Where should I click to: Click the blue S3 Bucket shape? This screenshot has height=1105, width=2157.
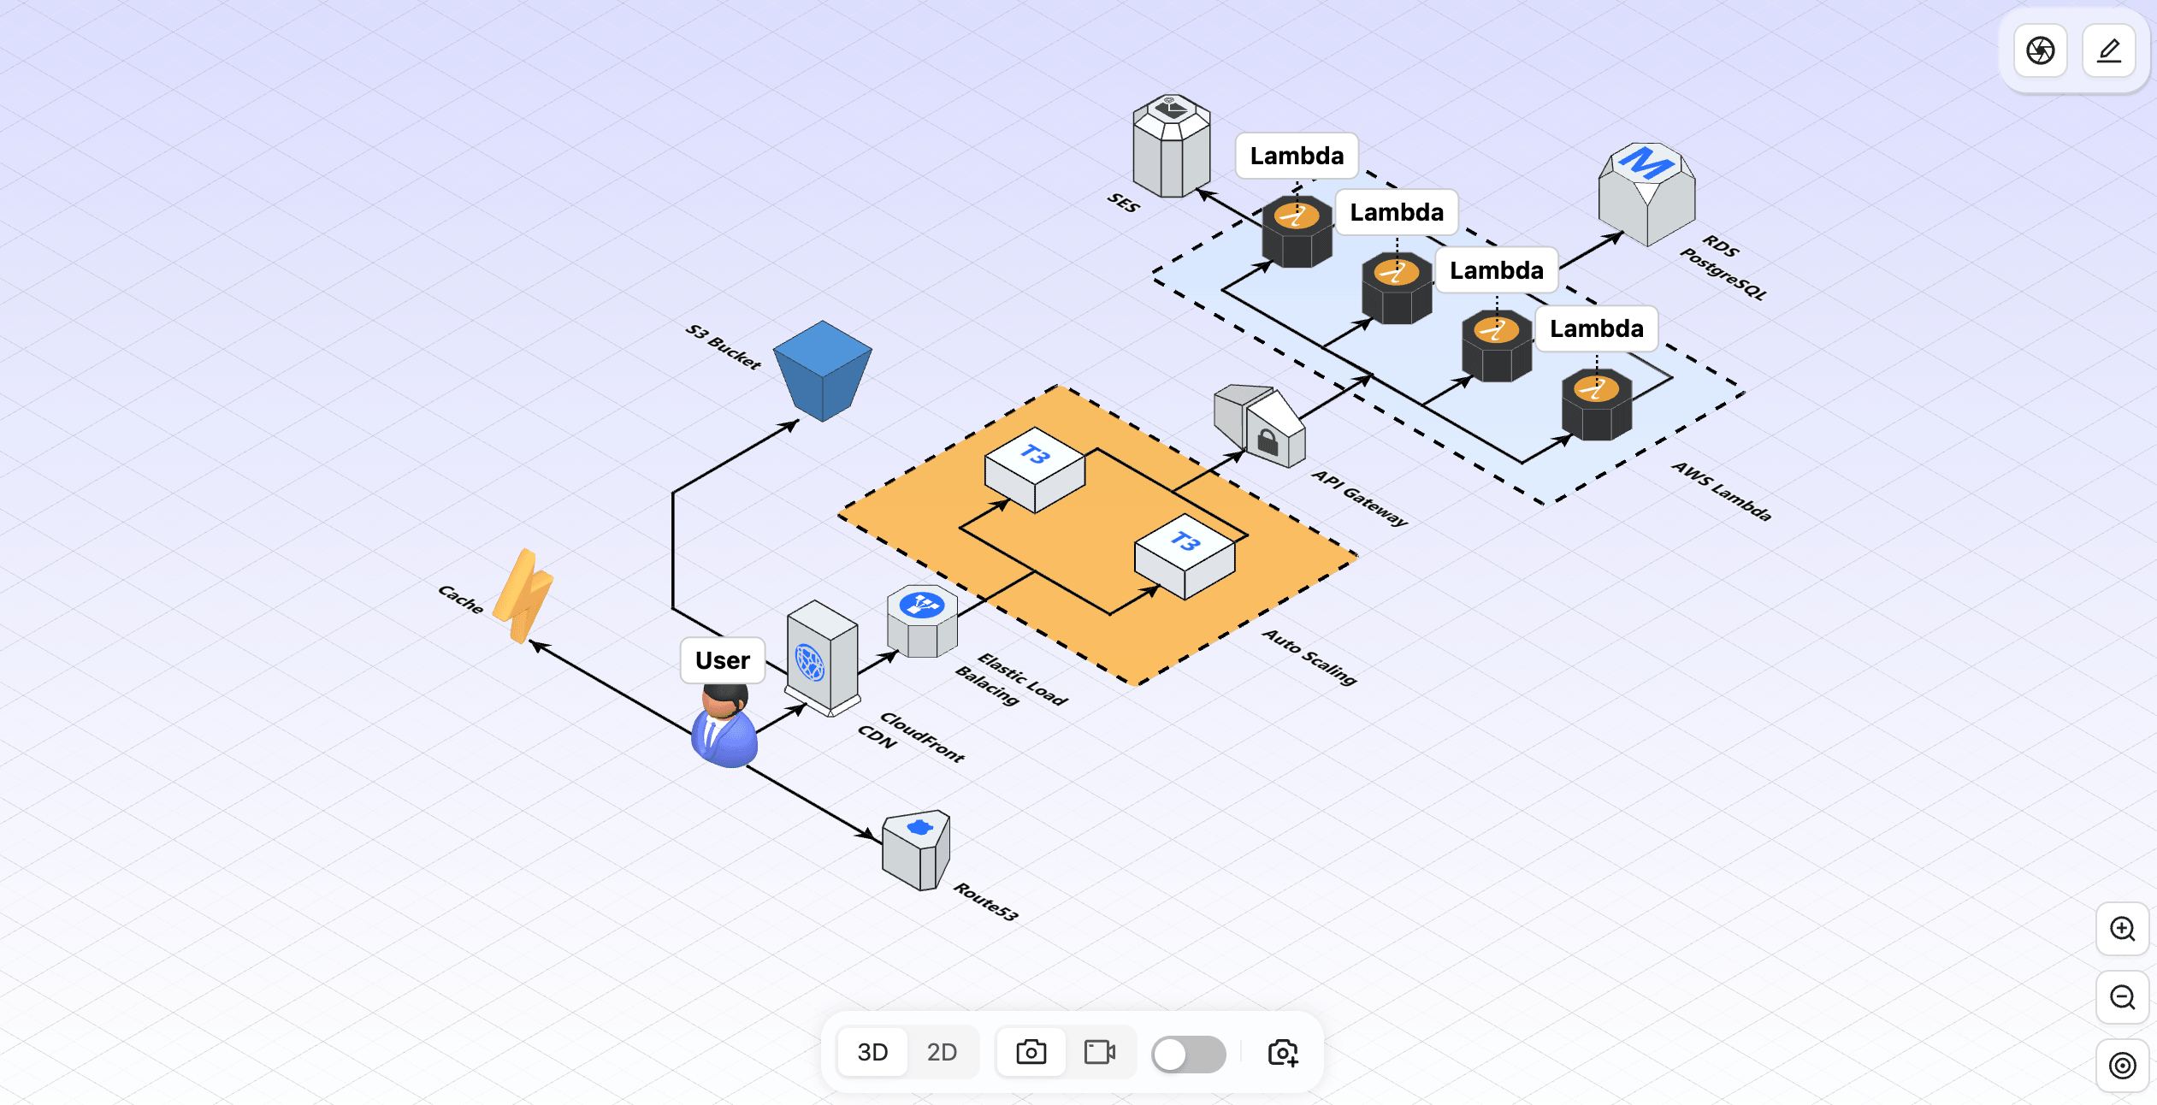(822, 372)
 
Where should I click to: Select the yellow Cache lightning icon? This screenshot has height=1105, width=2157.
(523, 596)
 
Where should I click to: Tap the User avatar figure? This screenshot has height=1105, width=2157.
(724, 727)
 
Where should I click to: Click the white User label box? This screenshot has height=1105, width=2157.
(723, 660)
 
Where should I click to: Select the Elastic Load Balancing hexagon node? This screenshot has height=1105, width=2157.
(922, 622)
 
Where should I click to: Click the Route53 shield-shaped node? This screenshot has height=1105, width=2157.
(916, 850)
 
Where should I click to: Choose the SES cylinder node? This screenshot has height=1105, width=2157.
(1171, 147)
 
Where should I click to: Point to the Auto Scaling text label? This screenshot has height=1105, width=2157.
(1309, 657)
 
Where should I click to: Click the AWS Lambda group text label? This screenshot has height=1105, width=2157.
(1722, 491)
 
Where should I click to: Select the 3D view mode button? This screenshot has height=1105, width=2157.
(872, 1052)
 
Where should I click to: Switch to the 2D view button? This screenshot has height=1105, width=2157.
(942, 1052)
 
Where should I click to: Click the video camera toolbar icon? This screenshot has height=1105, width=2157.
(1099, 1052)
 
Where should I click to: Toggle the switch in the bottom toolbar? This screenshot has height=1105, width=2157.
(1188, 1054)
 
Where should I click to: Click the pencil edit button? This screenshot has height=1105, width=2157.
(2109, 50)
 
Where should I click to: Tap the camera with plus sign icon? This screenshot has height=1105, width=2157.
(1283, 1053)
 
